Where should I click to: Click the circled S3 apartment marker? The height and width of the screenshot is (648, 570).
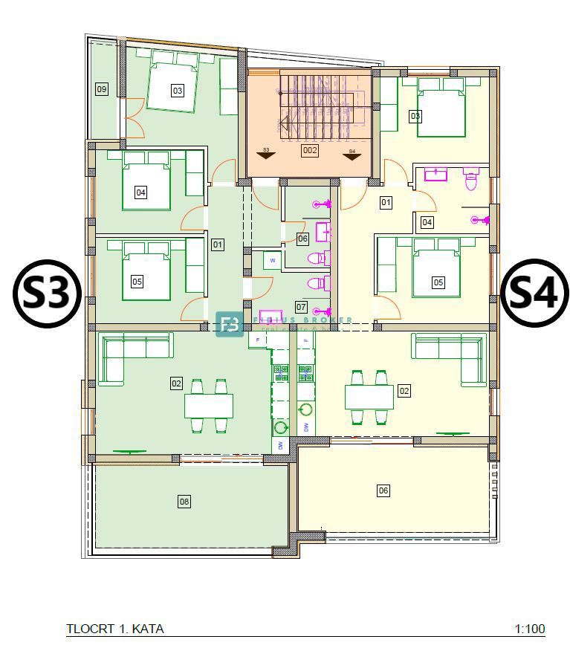point(47,294)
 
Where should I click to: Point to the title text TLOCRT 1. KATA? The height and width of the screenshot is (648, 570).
point(115,629)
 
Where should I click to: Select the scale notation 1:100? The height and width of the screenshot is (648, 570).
point(530,629)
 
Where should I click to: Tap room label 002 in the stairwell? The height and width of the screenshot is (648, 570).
point(309,150)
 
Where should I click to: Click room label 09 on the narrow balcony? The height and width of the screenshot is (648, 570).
point(102,89)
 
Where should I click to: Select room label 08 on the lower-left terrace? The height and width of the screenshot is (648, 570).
point(184,502)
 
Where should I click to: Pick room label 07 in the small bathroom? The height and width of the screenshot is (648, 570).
point(301,306)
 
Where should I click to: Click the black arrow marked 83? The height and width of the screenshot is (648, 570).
point(265,155)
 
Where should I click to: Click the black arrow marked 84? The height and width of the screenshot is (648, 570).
point(352,155)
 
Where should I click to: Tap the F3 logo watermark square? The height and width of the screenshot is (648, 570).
point(230,324)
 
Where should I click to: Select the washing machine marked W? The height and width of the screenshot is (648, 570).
point(273,261)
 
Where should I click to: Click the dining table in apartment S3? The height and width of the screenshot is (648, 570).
point(209,406)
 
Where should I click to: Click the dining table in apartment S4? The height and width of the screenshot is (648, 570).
point(369,398)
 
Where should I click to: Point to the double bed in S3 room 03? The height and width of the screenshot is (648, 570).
point(172,85)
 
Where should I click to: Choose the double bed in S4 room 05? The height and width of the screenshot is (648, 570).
point(436,271)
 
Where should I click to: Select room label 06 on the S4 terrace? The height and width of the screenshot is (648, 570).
point(383,490)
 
